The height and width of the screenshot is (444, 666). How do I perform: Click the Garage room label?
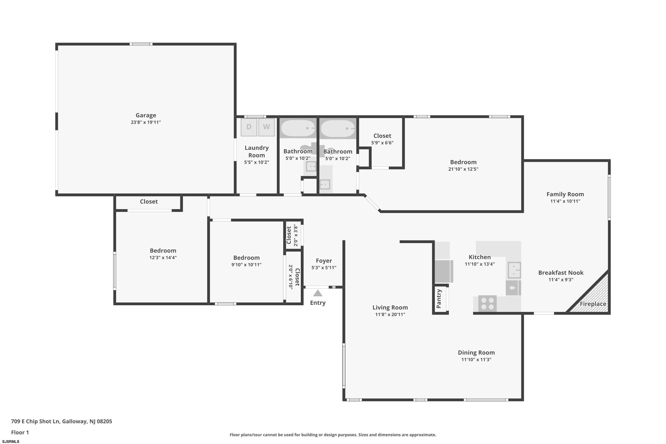point(146,115)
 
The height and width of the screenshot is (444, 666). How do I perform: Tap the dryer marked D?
point(249,127)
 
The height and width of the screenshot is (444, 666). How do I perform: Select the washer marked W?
point(266,127)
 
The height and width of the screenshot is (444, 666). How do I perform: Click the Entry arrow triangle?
point(318,293)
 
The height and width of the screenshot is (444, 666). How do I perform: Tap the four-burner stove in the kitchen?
point(487,303)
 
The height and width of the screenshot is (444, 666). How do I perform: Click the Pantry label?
point(439,299)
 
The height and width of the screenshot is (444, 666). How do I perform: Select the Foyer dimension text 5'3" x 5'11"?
point(324,268)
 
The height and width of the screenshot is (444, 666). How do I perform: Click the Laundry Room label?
point(257,151)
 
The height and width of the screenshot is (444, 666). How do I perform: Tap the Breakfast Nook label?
point(561,273)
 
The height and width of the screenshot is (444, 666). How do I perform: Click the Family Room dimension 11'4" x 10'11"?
point(565,201)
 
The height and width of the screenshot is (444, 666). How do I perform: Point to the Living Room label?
point(390,307)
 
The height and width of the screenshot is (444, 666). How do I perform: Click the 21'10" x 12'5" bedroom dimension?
point(463,169)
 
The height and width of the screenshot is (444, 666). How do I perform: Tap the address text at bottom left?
point(61,421)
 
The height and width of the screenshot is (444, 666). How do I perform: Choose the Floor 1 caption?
point(20,432)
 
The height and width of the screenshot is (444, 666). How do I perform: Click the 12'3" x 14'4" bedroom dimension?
point(163,258)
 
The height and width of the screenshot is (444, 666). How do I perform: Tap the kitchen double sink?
point(514,270)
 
